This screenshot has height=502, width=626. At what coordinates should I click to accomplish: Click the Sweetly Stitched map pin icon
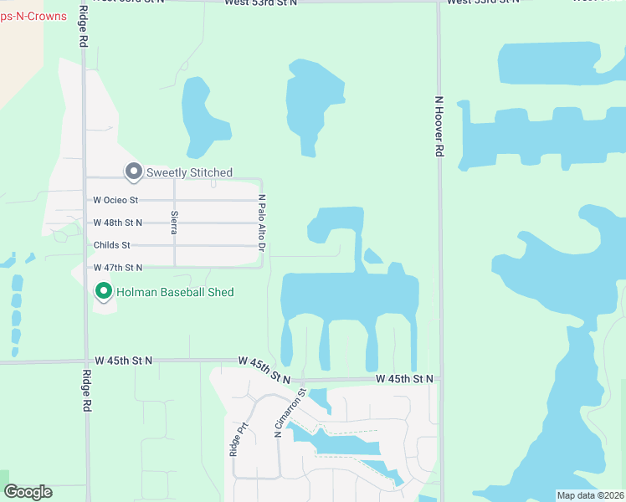(133, 172)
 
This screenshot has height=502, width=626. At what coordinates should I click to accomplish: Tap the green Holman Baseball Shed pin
(104, 291)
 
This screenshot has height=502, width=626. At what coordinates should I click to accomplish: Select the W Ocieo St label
(115, 201)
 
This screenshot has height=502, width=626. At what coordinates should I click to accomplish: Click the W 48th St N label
(118, 223)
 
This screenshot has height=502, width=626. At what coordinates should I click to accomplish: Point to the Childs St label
(112, 245)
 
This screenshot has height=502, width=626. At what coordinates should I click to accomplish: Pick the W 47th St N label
(118, 268)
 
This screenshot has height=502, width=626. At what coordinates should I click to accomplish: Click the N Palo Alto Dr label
(261, 223)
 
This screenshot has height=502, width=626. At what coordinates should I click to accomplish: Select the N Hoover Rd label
(438, 125)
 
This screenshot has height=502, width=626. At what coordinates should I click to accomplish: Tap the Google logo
(28, 492)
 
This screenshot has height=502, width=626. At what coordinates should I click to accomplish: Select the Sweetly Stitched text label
(189, 172)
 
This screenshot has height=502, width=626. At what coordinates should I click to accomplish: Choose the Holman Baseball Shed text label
(175, 292)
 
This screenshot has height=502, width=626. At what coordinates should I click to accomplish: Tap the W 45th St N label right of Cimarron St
(404, 379)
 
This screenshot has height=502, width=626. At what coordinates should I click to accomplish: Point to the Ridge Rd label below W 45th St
(85, 391)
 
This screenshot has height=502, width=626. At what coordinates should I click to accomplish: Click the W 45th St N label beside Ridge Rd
(124, 361)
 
